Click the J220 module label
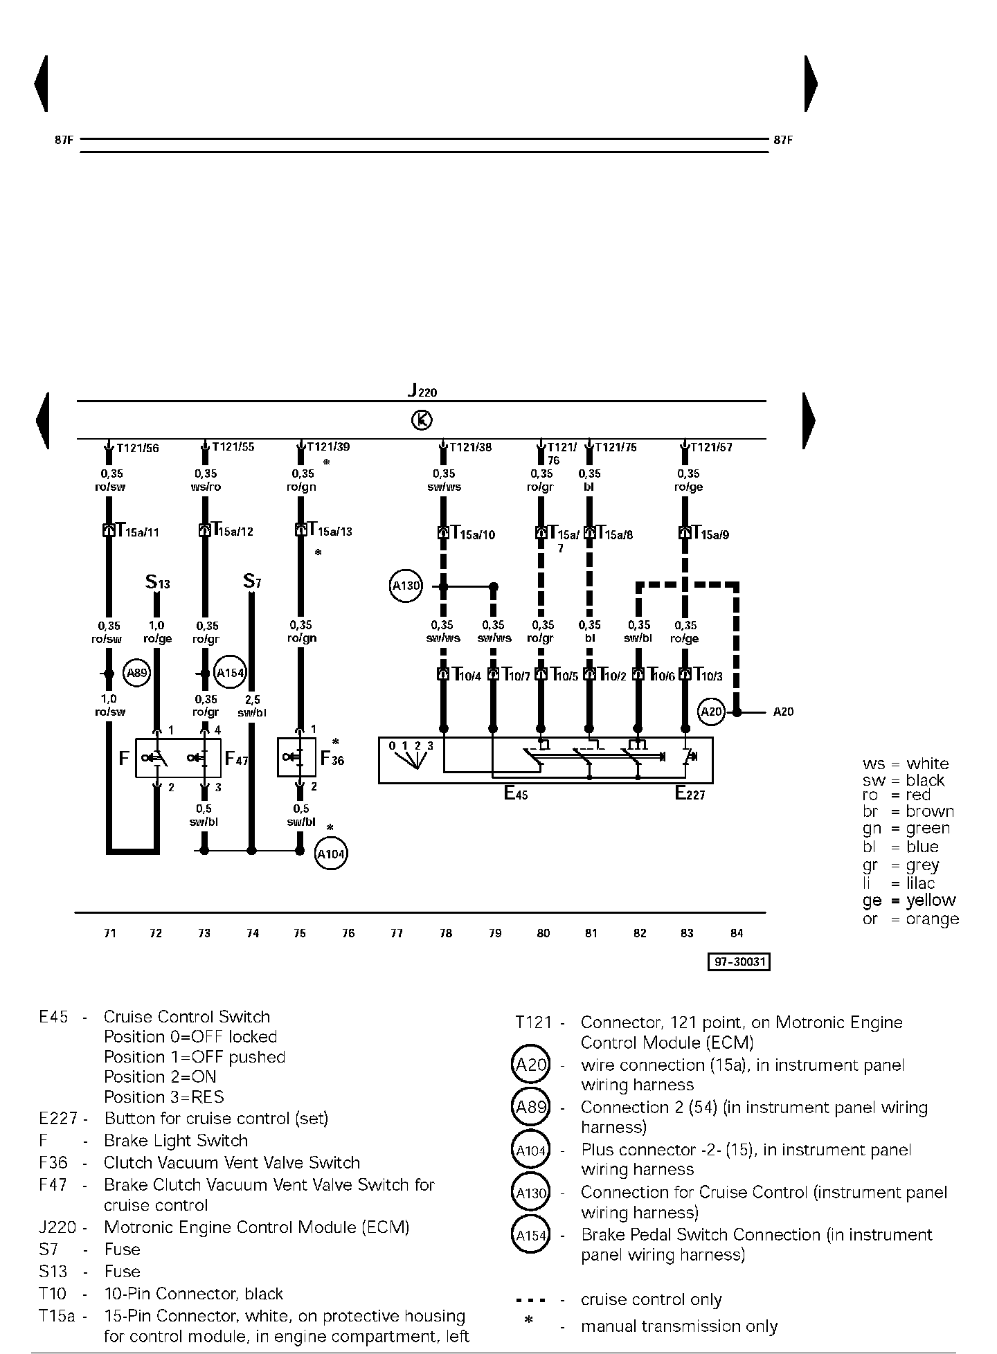pos(422,391)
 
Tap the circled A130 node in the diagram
pos(406,586)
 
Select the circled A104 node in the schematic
pos(331,854)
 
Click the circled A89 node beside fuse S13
pos(136,673)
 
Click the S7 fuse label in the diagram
pos(252,581)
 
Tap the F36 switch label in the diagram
pos(332,759)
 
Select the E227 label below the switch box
pos(690,794)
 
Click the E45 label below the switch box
pos(516,794)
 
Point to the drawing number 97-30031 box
pos(739,962)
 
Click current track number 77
pos(396,933)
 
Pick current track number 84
pos(737,933)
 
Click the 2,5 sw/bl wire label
pos(252,706)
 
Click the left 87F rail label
pos(64,140)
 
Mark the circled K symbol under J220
pos(422,419)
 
